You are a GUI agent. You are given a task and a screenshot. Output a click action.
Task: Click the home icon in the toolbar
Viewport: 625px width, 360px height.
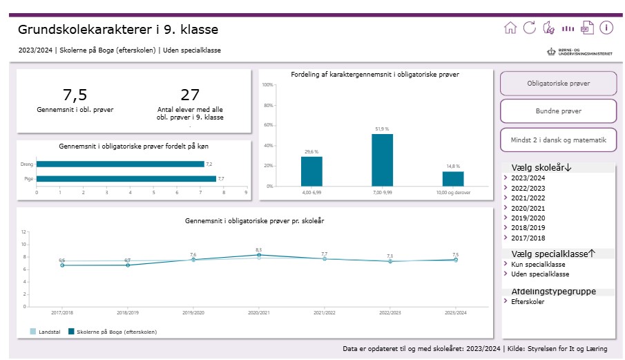[510, 28]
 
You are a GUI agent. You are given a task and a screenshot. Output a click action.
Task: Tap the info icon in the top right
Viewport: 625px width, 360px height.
[606, 28]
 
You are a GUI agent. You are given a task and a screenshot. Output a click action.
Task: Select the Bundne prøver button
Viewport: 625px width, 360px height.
[558, 111]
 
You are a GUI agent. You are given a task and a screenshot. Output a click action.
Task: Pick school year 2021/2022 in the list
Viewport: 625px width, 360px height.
[528, 198]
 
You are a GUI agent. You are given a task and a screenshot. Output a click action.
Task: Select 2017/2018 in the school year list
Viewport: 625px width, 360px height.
[528, 237]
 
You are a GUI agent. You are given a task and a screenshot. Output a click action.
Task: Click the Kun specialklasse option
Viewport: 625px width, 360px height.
[538, 264]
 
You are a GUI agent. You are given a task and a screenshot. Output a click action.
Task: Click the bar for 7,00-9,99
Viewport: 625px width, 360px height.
[382, 160]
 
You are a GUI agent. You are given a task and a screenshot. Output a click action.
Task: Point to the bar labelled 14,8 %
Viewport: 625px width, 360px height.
[453, 178]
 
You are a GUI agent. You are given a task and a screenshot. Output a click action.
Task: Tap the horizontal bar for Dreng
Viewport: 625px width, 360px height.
[120, 164]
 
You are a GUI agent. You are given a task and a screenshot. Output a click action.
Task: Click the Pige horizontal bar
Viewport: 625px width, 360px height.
[126, 179]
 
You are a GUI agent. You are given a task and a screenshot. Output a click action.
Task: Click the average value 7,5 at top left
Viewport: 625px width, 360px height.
[75, 95]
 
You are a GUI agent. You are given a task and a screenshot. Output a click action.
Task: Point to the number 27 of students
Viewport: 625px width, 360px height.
[189, 95]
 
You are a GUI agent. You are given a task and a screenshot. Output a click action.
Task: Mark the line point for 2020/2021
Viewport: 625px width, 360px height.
[258, 255]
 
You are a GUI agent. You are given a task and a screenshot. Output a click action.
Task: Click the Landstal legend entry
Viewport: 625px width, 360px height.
[46, 332]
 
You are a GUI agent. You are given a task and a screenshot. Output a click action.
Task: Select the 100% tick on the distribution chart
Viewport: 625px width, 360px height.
[268, 85]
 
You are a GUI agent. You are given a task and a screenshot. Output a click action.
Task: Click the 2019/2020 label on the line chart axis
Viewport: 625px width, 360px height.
[193, 312]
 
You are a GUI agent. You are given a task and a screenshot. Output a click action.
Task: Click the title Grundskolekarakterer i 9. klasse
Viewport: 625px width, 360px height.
[118, 30]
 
